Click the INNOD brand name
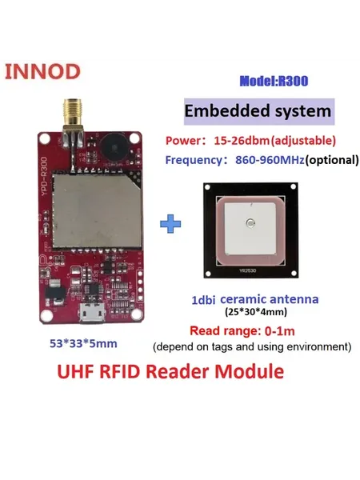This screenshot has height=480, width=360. point(42,72)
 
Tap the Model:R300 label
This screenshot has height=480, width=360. point(274,81)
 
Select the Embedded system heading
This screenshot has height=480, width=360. point(258,111)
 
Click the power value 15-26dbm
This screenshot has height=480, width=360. point(242,141)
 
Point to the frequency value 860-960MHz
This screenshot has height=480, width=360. point(270,160)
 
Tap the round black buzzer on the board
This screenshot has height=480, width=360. point(114,148)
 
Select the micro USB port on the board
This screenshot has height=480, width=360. point(92,314)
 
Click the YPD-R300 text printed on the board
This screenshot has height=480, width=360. point(44,177)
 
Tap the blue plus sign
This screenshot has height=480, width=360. point(170,224)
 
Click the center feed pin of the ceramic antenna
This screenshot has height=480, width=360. point(250,223)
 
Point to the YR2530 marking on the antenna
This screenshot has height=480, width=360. point(248,270)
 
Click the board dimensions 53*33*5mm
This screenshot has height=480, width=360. point(83,343)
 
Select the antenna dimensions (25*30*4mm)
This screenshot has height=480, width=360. point(256,312)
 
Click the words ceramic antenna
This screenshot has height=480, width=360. point(270,299)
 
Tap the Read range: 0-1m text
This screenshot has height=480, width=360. point(242,331)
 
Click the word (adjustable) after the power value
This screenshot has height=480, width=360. point(303,141)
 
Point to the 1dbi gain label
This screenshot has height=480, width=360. point(203,300)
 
